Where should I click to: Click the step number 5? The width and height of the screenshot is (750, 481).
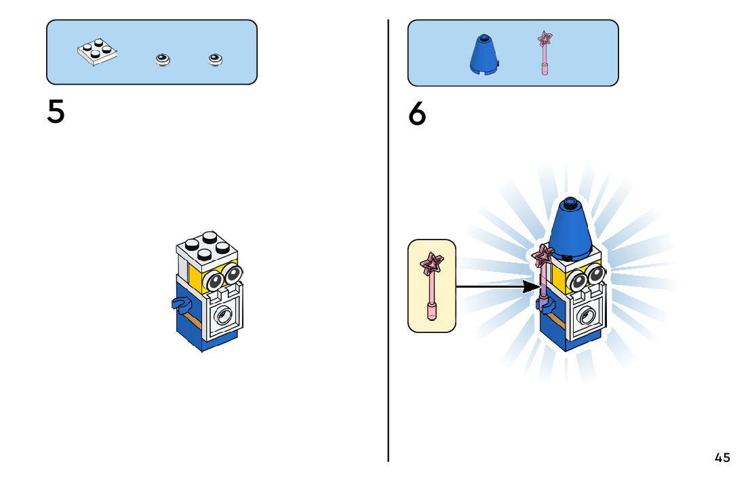pos(56,112)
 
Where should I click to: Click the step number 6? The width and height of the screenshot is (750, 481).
pos(417,114)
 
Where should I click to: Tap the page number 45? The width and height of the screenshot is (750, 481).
pos(722,457)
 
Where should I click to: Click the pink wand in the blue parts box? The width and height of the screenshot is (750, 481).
pos(544,52)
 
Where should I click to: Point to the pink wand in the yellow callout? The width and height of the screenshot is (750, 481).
pos(431,285)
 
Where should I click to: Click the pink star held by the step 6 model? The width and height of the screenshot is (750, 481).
pos(542,256)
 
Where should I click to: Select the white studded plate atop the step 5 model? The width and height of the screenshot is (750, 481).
pos(205,247)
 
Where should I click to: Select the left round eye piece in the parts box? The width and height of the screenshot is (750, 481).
pos(163,60)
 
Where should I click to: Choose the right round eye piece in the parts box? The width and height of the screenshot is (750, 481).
pos(216,60)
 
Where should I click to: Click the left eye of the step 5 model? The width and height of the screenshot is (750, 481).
pos(216,280)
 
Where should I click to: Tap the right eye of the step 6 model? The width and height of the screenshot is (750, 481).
pos(596,274)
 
